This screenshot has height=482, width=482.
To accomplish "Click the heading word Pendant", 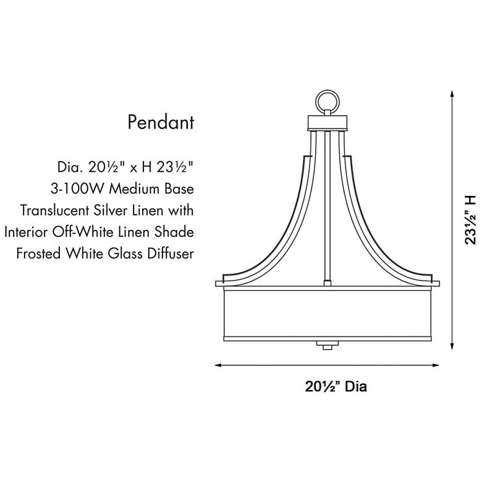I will pyautogui.click(x=161, y=122).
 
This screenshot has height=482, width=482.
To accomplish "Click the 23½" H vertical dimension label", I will pyautogui.click(x=471, y=220).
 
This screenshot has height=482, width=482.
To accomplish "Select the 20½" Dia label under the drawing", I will pyautogui.click(x=336, y=387).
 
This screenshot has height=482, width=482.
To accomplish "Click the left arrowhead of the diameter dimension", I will pyautogui.click(x=218, y=365).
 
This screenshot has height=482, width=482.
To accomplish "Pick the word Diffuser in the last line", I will pyautogui.click(x=169, y=254).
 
